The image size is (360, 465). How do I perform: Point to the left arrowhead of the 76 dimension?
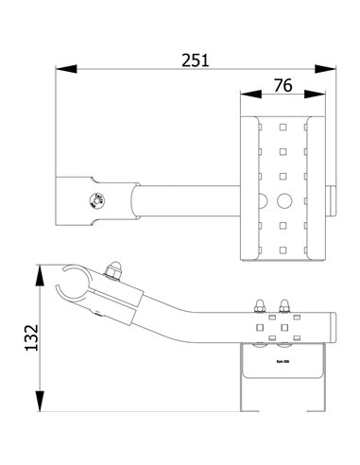click(x=245, y=95)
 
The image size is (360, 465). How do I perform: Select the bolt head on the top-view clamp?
click(x=95, y=198)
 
